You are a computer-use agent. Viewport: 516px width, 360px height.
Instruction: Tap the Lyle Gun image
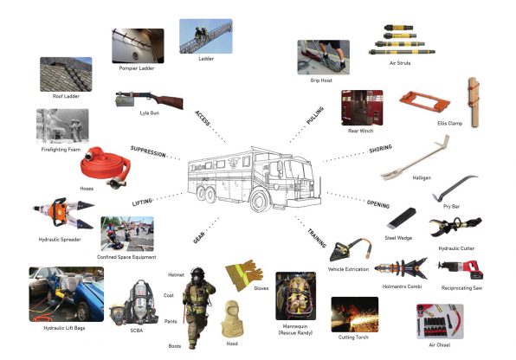pyautogui.click(x=152, y=100)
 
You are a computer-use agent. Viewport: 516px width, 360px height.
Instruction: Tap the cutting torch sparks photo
pyautogui.click(x=355, y=318)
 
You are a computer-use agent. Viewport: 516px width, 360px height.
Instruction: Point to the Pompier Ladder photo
pyautogui.click(x=139, y=45)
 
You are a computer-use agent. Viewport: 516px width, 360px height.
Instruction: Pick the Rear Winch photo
pyautogui.click(x=362, y=106)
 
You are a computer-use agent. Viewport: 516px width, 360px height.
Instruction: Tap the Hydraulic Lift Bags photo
pyautogui.click(x=66, y=292)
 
